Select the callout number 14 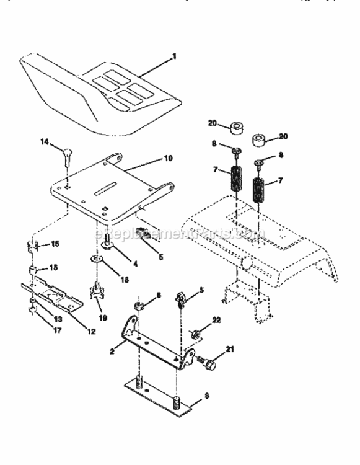pos(44,143)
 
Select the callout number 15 pos(55,268)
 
